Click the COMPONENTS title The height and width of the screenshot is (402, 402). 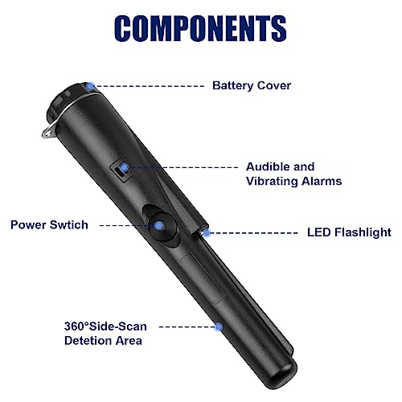tap(200, 28)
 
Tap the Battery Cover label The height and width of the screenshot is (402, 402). tap(252, 86)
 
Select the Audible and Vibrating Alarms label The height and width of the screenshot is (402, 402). tap(293, 174)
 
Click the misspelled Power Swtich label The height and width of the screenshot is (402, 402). tap(49, 225)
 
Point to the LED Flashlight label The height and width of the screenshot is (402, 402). tap(349, 232)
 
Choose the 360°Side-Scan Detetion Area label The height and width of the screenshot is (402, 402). tap(105, 334)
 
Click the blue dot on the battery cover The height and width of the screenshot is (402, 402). tap(91, 86)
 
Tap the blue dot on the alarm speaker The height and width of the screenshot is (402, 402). tap(124, 168)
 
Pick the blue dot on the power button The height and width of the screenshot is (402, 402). tap(159, 226)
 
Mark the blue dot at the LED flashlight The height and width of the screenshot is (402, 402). tap(207, 233)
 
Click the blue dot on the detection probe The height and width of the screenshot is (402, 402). tap(219, 327)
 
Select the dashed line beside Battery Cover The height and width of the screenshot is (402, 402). tap(150, 86)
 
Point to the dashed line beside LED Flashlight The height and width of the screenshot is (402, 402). tap(254, 233)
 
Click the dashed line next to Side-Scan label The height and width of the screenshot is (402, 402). tap(187, 327)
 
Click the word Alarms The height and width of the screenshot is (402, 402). tap(322, 181)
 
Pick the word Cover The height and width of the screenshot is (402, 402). tap(274, 86)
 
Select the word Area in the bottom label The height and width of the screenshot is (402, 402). tap(129, 341)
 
